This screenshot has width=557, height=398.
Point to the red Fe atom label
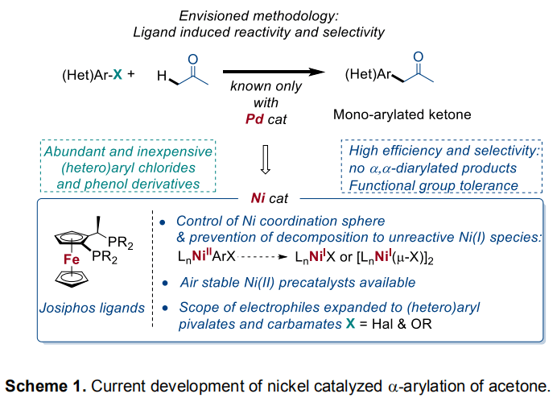pyautogui.click(x=69, y=260)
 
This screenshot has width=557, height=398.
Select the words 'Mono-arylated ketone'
pyautogui.click(x=402, y=114)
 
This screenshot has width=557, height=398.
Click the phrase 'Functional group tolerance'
pyautogui.click(x=431, y=184)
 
